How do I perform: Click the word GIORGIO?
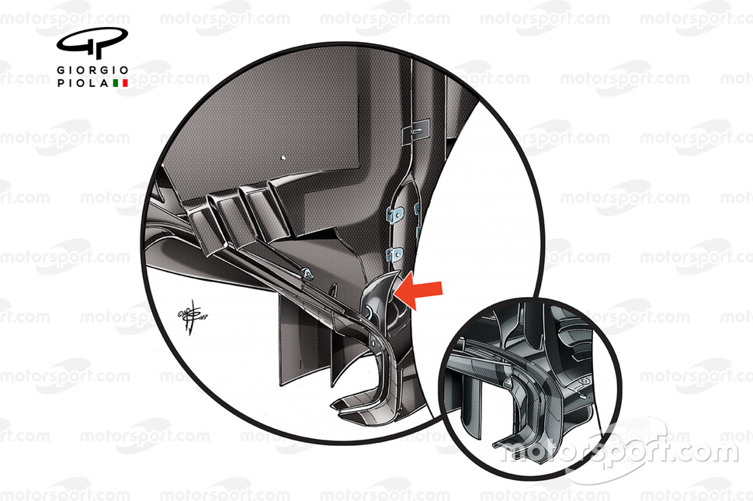click(x=92, y=71)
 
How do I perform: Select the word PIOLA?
click(x=84, y=83)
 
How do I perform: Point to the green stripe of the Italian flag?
click(x=115, y=83)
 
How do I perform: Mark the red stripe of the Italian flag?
click(x=125, y=83)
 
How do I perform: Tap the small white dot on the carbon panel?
click(x=284, y=157)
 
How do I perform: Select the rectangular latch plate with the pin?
click(x=416, y=130)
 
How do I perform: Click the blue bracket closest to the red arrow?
click(x=395, y=254)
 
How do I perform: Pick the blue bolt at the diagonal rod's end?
click(x=307, y=274)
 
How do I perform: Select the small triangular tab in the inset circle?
click(x=507, y=382)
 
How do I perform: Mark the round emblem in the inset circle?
click(x=585, y=382)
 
